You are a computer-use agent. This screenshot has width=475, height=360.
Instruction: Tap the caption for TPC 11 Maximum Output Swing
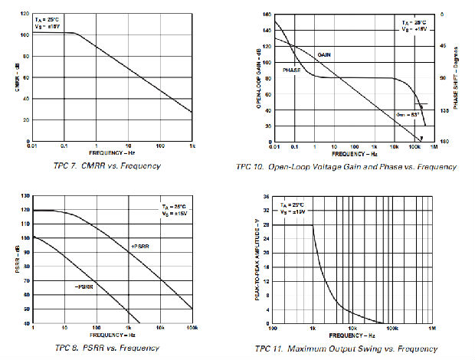click(349, 349)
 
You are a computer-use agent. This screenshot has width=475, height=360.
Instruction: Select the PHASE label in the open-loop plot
click(293, 70)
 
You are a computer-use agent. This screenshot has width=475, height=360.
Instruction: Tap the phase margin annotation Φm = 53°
click(406, 114)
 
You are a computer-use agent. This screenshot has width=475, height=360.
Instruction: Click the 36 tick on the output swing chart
click(266, 197)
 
